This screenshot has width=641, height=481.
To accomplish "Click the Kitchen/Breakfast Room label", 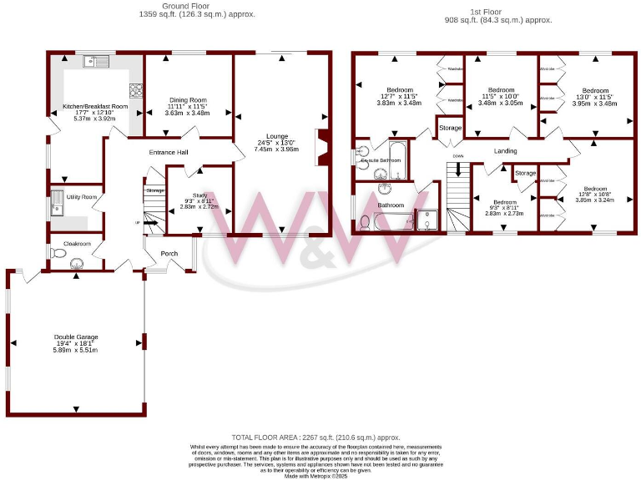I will [95, 107].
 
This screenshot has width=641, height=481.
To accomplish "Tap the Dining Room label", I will [187, 99].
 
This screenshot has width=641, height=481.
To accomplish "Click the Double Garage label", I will [75, 336].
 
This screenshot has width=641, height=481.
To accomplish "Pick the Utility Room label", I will [83, 196].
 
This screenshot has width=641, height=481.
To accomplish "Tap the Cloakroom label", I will [76, 244].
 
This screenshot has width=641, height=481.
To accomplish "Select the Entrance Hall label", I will [169, 153].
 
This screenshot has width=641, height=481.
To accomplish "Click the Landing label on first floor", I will [505, 151].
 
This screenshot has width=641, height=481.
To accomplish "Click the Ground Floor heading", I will [196, 6].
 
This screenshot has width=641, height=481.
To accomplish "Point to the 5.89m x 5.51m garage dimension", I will [75, 350].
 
